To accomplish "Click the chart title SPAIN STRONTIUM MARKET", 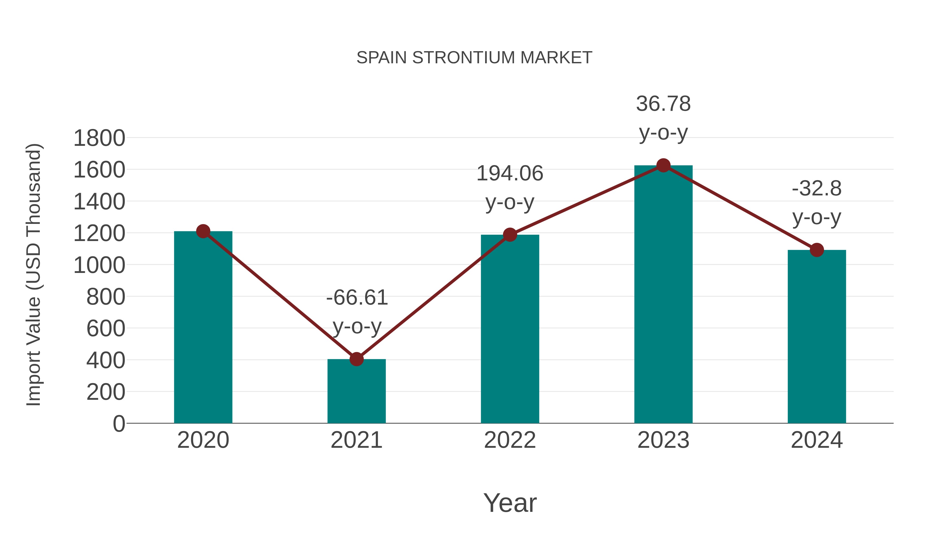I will pos(474,58).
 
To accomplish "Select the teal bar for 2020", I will pos(203,328).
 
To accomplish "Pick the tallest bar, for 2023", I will pos(663,295).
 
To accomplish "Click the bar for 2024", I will pos(816,337).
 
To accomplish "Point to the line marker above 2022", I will pos(510,234).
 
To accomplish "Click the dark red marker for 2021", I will pos(356,359).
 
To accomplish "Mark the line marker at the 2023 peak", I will pos(663,165).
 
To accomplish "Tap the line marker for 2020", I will pos(203,232).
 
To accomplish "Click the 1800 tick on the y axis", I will pos(99,138).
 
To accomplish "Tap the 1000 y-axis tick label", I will pos(99,265).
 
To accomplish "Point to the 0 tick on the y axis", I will pos(119,424).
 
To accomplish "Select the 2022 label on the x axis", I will pos(510,440).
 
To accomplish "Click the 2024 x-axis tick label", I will pos(816,440).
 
